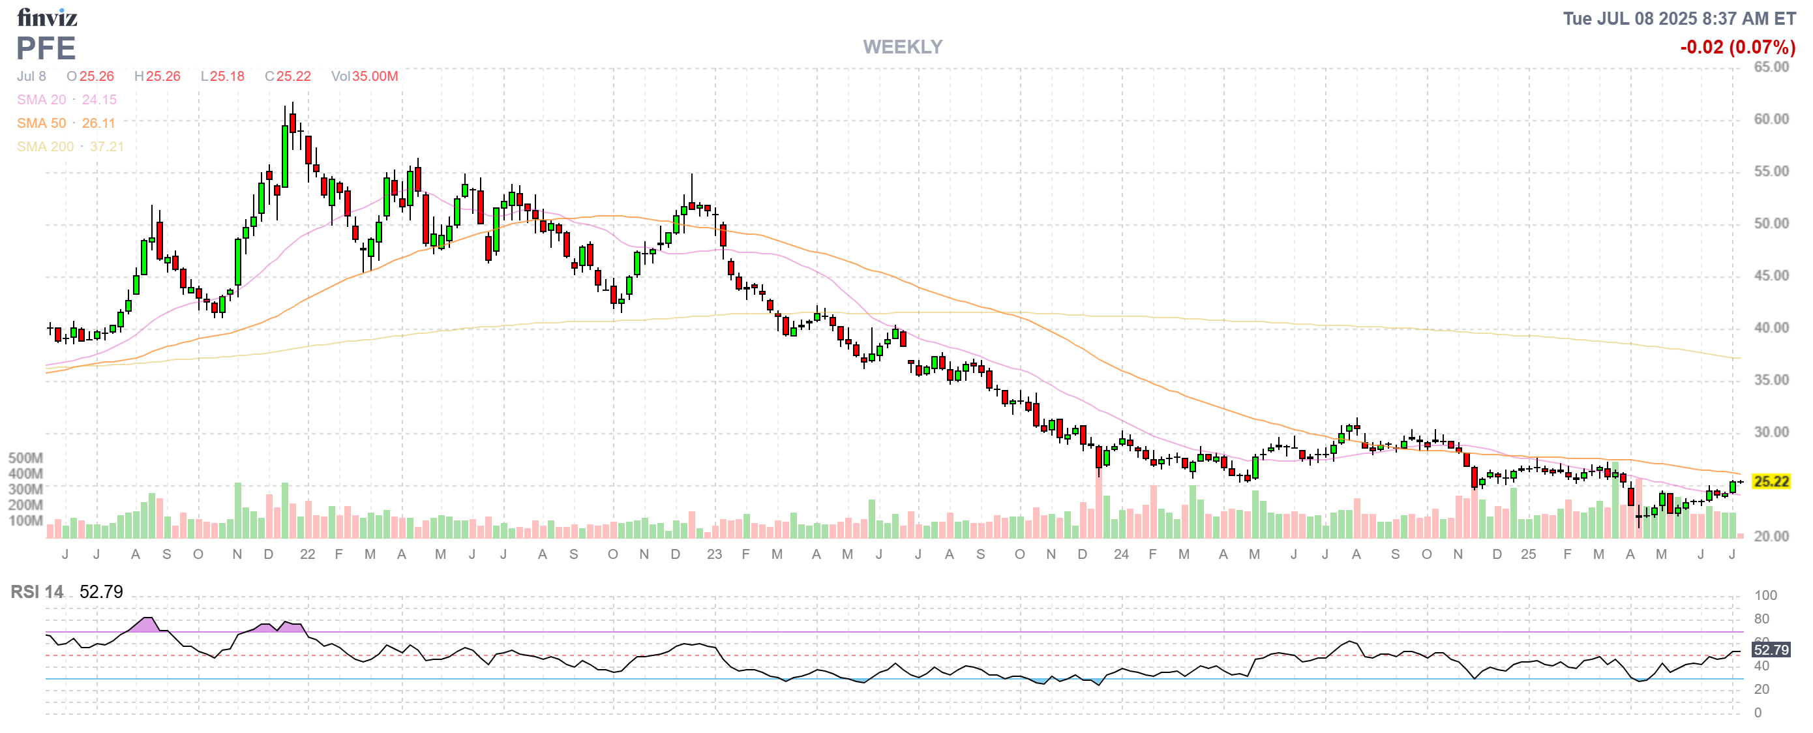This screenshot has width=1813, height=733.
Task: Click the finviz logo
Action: (x=46, y=17)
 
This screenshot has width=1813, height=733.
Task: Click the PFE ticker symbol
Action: (x=46, y=48)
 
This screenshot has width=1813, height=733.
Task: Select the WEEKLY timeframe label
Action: (x=903, y=47)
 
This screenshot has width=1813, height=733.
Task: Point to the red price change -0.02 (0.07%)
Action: (x=1737, y=47)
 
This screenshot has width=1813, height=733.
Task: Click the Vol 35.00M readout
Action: (x=365, y=76)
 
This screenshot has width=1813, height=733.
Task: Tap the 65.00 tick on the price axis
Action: (x=1771, y=67)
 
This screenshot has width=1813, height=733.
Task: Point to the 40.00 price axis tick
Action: (x=1771, y=328)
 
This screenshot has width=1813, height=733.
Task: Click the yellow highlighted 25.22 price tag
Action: (x=1771, y=482)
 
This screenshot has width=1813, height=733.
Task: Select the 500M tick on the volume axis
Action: (x=25, y=458)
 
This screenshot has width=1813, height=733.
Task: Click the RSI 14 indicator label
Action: (x=37, y=591)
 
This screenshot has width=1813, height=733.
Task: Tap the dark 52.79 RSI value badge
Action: (x=1771, y=650)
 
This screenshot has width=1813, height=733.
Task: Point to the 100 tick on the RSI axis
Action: (x=1765, y=595)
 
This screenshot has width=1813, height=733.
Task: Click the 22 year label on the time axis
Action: (x=308, y=554)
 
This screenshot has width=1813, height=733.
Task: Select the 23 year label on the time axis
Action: (x=714, y=554)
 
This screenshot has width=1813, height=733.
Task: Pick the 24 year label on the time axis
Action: (x=1121, y=554)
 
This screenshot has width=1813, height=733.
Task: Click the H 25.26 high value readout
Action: (x=158, y=76)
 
